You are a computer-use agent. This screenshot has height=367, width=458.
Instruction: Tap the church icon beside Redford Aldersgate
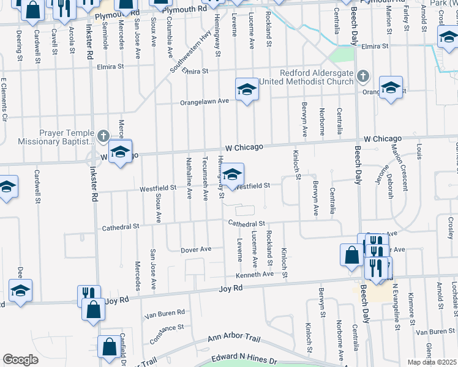click(x=364, y=76)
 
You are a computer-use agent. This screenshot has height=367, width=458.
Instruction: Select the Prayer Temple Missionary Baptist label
click(x=49, y=138)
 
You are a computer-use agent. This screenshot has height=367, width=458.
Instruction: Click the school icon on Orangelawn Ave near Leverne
click(x=247, y=90)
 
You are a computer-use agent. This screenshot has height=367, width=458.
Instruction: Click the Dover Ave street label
click(x=196, y=250)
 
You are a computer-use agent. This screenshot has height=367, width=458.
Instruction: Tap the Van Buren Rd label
click(x=163, y=314)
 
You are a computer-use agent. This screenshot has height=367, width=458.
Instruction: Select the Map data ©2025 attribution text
click(x=432, y=362)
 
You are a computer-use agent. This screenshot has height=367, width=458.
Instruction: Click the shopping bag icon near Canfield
click(x=109, y=346)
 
